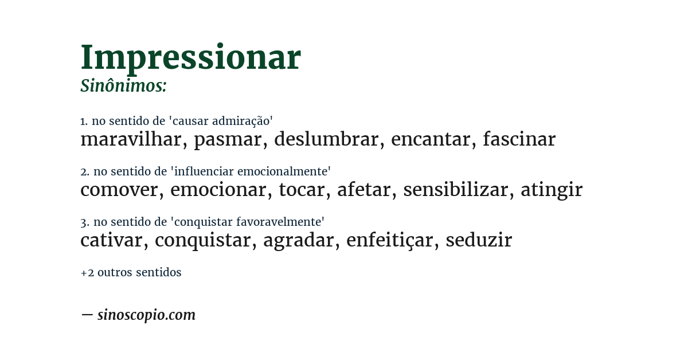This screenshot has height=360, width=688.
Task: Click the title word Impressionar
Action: pos(190,57)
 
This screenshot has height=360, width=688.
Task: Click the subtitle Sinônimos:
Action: pos(123,86)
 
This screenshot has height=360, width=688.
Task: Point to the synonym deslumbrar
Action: pos(326,139)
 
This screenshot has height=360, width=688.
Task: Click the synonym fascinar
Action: pos(519,139)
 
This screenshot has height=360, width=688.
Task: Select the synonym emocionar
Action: pos(218,190)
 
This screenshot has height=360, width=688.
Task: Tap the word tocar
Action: pos(302,190)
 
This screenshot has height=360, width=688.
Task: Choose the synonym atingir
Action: pos(551,190)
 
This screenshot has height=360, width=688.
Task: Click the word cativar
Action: pos(111,240)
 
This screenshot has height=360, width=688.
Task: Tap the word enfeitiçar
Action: pos(389,240)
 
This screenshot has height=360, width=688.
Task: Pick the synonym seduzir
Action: pos(479,240)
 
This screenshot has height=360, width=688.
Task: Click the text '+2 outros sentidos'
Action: pos(131,273)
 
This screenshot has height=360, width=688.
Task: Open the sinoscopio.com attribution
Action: pos(146,315)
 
